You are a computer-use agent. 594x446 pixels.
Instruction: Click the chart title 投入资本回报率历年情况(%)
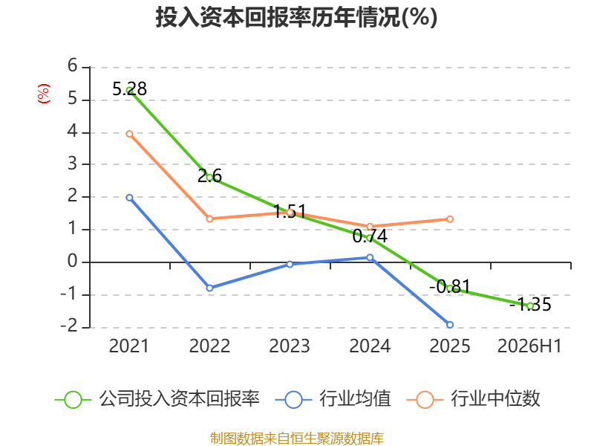coord(296,17)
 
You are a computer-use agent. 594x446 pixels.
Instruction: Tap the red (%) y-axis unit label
coord(44,94)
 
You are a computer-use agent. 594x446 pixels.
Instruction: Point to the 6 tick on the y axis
coord(72,66)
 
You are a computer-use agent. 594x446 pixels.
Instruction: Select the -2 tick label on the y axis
coord(69,326)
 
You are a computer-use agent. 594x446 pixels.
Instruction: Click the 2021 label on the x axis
coord(128,346)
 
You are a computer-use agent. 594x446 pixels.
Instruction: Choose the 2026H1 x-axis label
coord(529,346)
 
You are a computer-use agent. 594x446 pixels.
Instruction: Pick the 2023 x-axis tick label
coord(290,346)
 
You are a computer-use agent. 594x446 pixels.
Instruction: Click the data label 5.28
coord(129,89)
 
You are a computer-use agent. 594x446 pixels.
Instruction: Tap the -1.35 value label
coord(530,304)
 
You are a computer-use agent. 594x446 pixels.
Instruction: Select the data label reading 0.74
coord(370,236)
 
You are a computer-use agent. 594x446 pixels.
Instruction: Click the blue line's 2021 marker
coord(129,198)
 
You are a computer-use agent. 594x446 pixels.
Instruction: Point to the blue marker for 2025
coord(450,325)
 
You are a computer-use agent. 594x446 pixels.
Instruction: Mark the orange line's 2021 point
coord(129,134)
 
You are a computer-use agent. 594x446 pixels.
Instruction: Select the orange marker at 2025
coord(450,219)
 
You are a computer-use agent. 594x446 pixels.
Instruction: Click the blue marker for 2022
coord(209,288)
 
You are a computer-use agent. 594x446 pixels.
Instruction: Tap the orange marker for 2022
coord(209,219)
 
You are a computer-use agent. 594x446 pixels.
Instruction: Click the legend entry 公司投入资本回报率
coord(179,399)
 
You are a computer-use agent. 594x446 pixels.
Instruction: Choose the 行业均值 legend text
coord(355,399)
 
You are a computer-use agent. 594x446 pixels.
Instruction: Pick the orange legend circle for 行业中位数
coord(425,400)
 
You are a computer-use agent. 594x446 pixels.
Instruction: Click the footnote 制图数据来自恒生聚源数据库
coord(297,439)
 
